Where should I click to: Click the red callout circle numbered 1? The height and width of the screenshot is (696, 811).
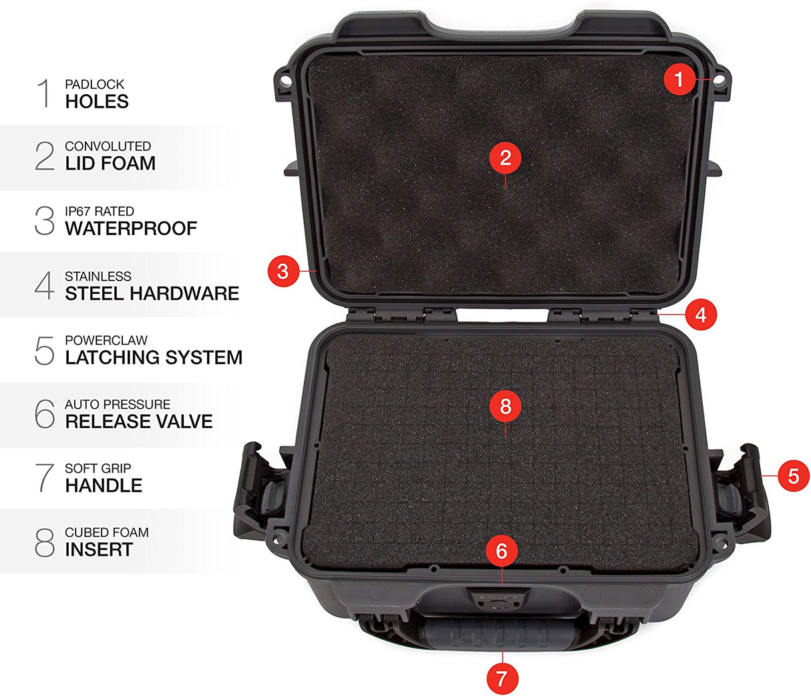[x=679, y=80]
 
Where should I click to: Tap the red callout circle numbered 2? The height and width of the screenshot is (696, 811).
[x=505, y=158]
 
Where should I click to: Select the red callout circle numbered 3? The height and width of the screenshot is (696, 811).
[x=283, y=271]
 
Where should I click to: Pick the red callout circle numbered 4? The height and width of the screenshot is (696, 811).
[x=701, y=315]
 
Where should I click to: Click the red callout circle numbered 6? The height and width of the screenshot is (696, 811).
[x=502, y=551]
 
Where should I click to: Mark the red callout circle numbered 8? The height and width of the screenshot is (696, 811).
[x=505, y=406]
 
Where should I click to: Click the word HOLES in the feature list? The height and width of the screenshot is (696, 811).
[x=97, y=102]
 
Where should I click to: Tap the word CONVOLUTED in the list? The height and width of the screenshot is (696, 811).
[x=108, y=146]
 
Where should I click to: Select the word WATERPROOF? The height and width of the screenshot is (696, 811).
[x=131, y=228]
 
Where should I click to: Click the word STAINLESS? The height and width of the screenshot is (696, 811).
[x=98, y=277]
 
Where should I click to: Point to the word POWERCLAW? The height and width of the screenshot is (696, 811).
[x=106, y=341]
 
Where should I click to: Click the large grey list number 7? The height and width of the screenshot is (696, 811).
[x=44, y=478]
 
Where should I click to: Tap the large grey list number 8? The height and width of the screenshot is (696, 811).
[x=44, y=542]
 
